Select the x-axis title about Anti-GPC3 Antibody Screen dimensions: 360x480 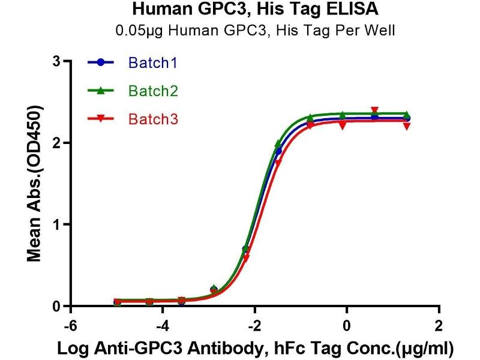[254, 348]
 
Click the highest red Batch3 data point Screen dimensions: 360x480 [375, 110]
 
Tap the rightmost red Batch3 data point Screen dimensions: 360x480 [407, 126]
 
